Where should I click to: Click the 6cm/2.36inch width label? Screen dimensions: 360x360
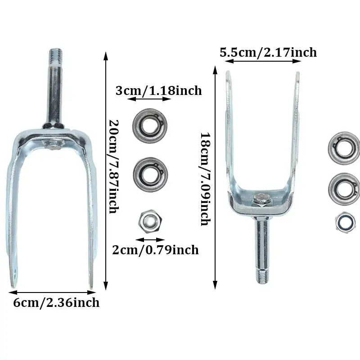coord(56,302)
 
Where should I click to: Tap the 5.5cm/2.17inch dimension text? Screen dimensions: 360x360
coord(268,52)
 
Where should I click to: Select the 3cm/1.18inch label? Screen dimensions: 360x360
coord(158,90)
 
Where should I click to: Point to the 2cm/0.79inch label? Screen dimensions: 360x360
coord(155,249)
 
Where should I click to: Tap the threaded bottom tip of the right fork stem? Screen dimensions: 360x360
coord(262,275)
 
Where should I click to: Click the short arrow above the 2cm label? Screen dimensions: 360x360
coord(150,239)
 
